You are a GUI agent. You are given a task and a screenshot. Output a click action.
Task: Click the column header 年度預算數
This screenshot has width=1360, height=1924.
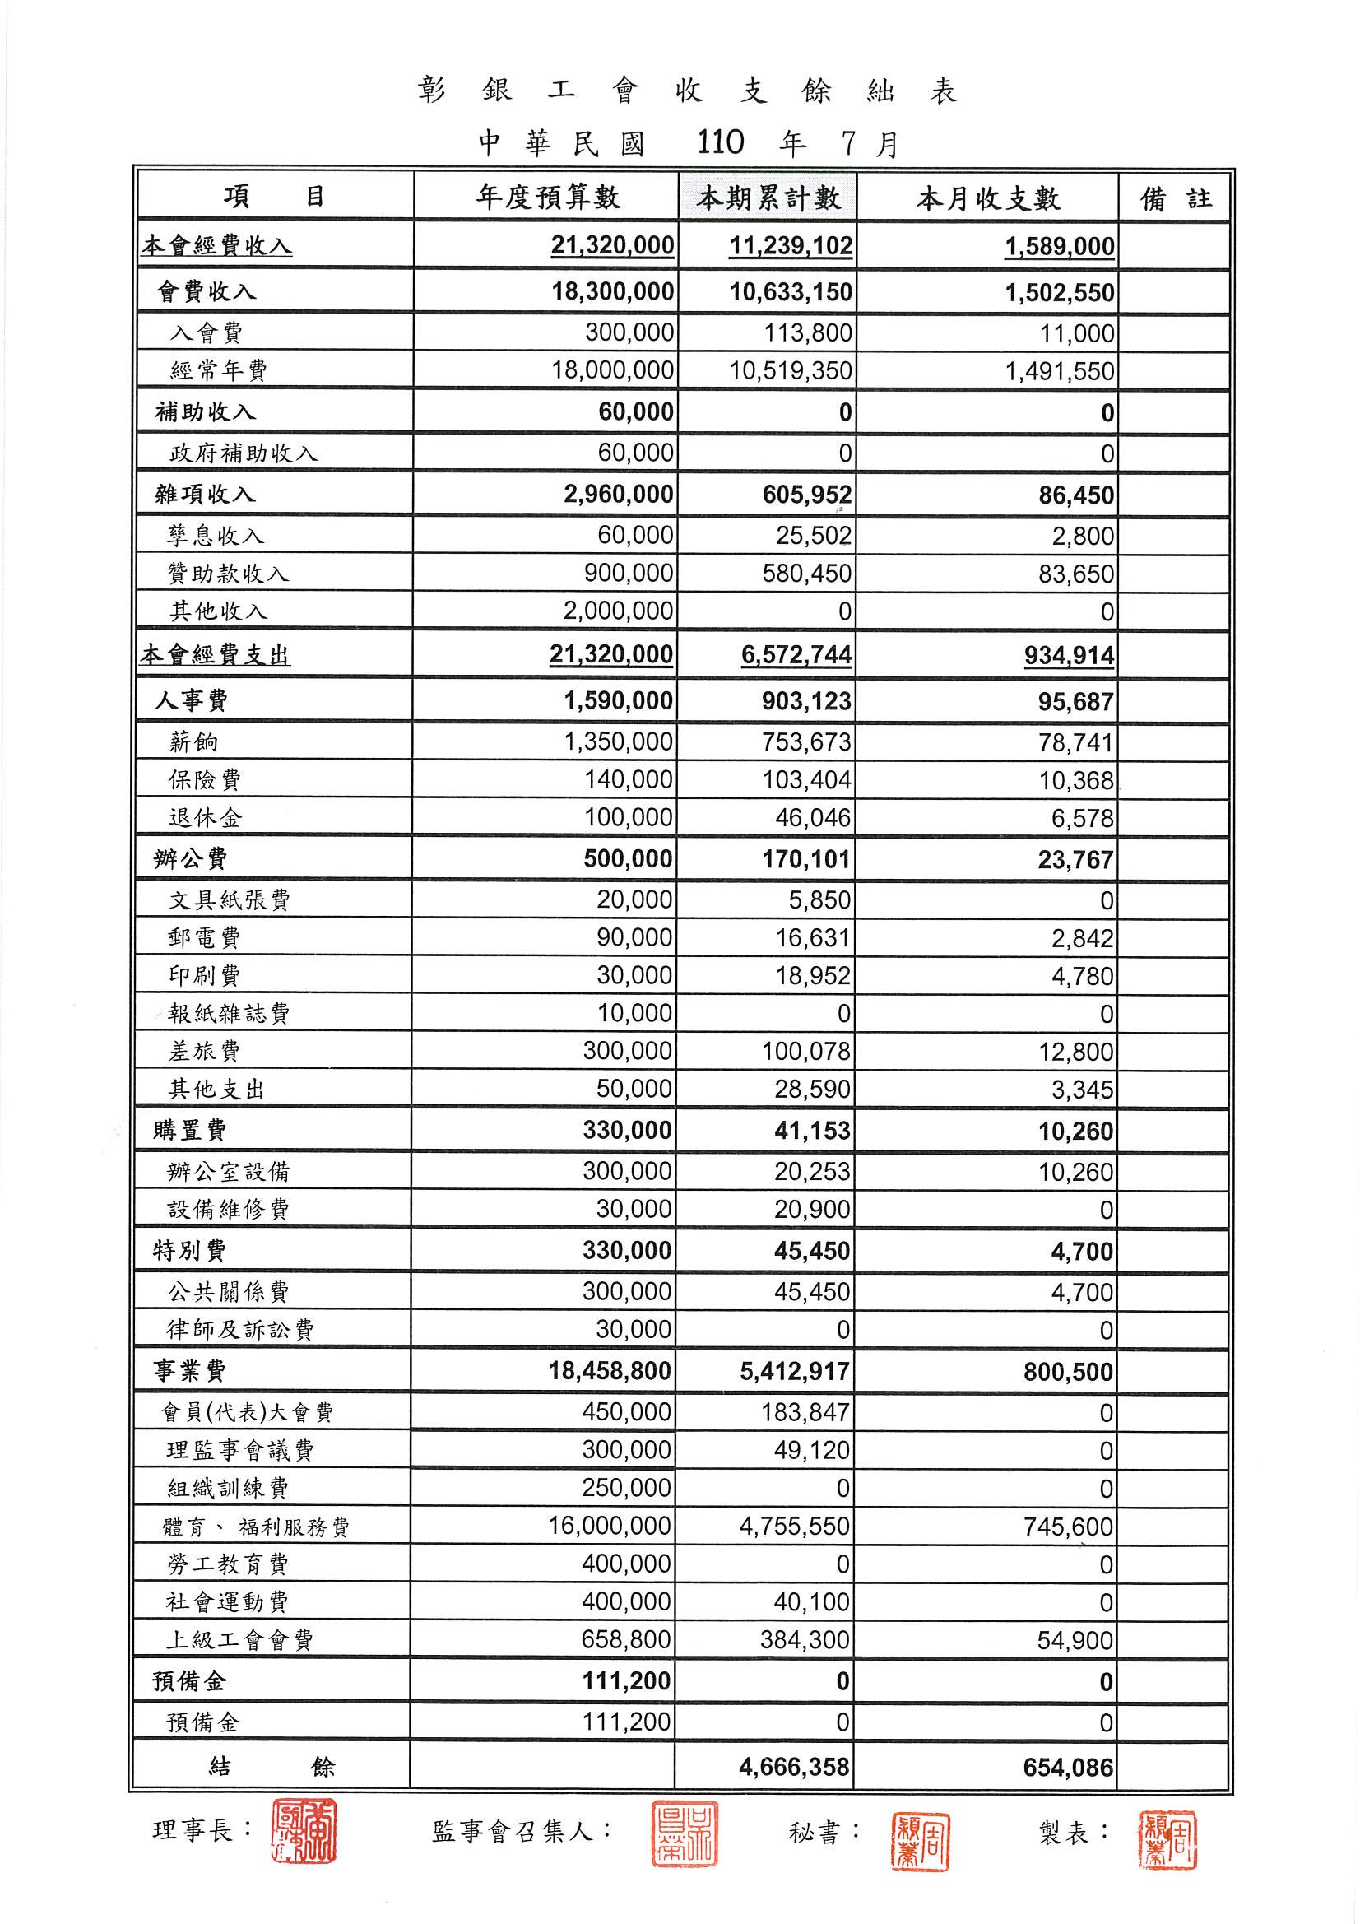[x=547, y=198]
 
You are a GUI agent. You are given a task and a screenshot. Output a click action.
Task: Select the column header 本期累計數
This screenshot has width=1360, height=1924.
[x=768, y=198]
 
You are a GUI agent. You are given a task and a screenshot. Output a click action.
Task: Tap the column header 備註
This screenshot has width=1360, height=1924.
[x=1176, y=198]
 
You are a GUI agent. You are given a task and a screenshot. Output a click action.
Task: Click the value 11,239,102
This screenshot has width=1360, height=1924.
[x=790, y=246]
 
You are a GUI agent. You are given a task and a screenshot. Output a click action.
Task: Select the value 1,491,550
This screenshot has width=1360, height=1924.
[x=1059, y=371]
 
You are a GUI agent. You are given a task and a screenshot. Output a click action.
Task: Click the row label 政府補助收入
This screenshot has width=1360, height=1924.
[x=243, y=453]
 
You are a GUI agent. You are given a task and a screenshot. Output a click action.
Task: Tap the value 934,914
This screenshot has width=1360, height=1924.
[x=1069, y=655]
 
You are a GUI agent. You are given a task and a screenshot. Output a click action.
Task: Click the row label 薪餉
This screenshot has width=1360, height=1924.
[x=193, y=741]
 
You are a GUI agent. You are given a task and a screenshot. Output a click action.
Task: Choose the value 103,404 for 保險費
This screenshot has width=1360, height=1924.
[x=805, y=780]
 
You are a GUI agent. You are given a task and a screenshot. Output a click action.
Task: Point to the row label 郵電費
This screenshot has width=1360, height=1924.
[x=205, y=937]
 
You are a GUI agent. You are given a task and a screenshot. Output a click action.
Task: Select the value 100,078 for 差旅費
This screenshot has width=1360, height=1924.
[x=805, y=1051]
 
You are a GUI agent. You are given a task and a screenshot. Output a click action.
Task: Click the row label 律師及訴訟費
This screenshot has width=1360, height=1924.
[x=240, y=1330]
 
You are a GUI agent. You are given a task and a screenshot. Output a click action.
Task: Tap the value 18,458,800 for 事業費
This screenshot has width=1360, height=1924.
[x=609, y=1371]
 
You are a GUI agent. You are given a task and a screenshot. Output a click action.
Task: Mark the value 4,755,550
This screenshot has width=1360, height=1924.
[x=794, y=1526]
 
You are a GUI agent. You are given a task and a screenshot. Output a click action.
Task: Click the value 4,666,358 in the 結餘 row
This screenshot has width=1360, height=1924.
[x=794, y=1768]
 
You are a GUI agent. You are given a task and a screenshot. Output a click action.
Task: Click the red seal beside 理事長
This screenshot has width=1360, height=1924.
[x=304, y=1832]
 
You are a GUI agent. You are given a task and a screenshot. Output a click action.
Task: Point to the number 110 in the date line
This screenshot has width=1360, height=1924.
[x=720, y=143]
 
